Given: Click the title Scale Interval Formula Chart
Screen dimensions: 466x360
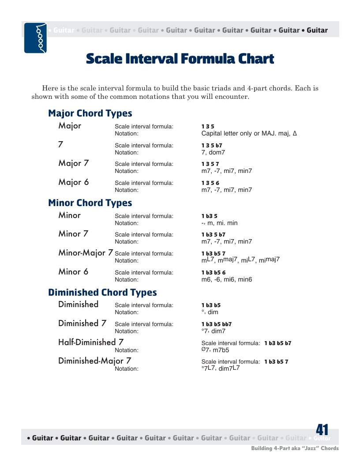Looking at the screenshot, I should point(180,59).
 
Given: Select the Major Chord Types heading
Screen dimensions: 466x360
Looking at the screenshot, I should point(90,113).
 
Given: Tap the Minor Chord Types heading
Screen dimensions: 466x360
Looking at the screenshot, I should point(90,203).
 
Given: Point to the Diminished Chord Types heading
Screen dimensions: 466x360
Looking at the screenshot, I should point(102,293).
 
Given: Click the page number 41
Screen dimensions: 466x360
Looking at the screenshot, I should point(322,430).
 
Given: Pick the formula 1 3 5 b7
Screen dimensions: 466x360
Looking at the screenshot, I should point(212,145).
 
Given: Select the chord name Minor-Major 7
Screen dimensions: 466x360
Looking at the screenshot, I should point(86,253).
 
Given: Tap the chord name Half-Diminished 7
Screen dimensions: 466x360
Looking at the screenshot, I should point(91,342).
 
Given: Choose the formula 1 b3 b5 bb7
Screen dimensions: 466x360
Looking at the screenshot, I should point(217,324).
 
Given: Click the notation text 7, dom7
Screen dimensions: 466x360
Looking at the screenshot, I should point(213,152).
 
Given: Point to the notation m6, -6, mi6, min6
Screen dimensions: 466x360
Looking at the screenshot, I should point(227,280).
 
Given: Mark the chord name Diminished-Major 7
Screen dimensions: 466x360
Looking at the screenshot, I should point(94,361).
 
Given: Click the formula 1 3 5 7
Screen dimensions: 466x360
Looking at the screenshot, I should point(210,164).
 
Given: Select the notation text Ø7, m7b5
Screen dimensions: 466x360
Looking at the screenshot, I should point(215,350).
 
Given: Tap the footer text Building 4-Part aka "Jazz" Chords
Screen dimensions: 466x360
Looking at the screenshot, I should point(295,448).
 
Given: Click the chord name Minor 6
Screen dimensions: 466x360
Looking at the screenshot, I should point(73,272).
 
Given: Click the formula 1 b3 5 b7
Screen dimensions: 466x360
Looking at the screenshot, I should point(214,235).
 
